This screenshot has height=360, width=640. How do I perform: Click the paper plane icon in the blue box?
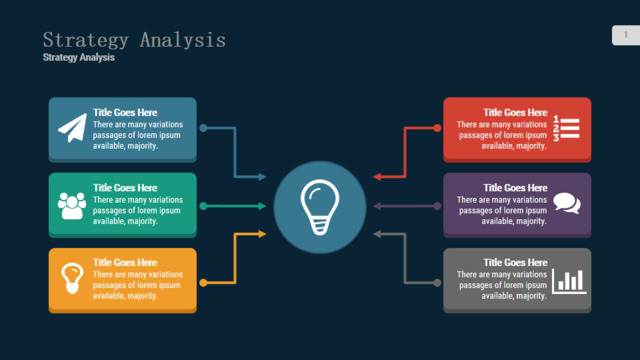[x=73, y=128]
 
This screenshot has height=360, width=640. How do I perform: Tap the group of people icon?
[x=72, y=205]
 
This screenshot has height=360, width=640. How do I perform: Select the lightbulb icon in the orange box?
[x=72, y=278]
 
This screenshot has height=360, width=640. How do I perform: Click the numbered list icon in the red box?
[x=567, y=128]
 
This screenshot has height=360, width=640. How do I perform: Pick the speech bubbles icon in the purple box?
[x=567, y=203]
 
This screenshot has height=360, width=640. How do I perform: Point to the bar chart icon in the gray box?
[x=569, y=281]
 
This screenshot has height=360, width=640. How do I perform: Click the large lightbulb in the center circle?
[x=320, y=207]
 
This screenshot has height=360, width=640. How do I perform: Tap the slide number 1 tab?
[x=626, y=35]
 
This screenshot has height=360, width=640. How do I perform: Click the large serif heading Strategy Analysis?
[x=134, y=40]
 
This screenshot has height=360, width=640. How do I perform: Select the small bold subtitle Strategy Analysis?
[x=79, y=58]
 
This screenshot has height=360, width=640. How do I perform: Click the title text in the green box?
[x=125, y=188]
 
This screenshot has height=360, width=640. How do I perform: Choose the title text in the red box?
[x=515, y=112]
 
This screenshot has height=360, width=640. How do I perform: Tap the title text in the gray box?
[x=515, y=262]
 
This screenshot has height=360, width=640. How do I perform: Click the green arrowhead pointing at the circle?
[x=262, y=206]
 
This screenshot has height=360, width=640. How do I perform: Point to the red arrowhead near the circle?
[x=377, y=177]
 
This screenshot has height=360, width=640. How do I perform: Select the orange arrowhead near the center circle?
[x=262, y=234]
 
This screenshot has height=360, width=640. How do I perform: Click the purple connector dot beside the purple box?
[x=437, y=206]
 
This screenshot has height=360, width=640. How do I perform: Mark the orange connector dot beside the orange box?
[x=203, y=282]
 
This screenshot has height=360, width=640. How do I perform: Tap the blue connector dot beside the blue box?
[x=203, y=128]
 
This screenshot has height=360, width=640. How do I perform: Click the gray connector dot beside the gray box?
[x=437, y=282]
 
